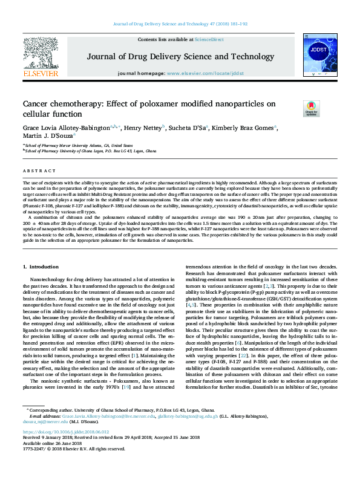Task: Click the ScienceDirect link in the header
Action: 209,39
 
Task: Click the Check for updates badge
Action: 294,109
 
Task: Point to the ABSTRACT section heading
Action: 36,171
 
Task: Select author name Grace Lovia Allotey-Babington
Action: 67,128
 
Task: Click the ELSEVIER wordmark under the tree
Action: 41,73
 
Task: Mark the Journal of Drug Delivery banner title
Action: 180,57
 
